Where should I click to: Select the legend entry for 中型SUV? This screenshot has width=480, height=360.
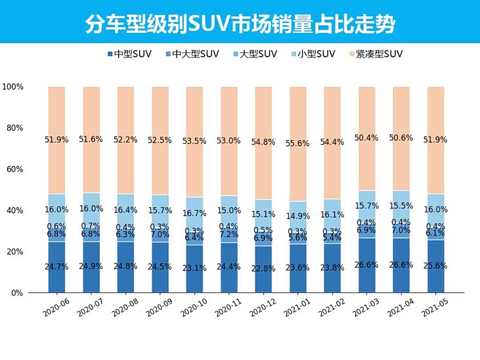pos(130,54)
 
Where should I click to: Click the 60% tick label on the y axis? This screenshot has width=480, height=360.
pos(14,169)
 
